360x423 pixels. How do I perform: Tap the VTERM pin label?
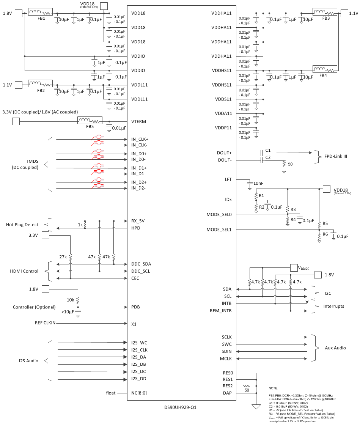[139, 122]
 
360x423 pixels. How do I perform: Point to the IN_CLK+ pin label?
[140, 139]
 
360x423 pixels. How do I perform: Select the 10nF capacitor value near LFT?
[258, 183]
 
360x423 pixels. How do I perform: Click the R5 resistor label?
[325, 223]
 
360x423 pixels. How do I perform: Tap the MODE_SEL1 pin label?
[219, 230]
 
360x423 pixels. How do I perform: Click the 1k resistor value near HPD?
[80, 225]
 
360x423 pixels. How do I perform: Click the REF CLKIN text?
[45, 323]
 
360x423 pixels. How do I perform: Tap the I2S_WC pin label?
[139, 343]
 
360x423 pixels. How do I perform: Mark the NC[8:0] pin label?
[139, 393]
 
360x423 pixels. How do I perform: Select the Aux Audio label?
[335, 348]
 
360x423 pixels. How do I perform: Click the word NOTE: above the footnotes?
[274, 388]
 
